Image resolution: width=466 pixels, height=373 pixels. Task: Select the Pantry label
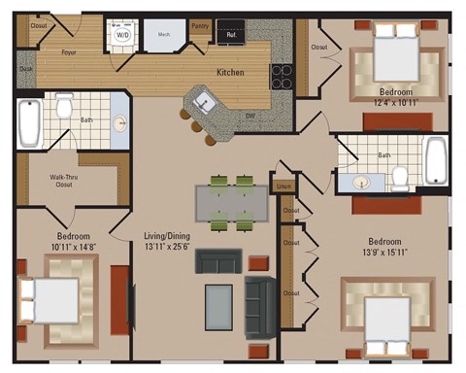click(x=200, y=26)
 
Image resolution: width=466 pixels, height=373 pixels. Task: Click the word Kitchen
click(x=230, y=73)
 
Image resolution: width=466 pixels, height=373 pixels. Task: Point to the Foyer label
click(x=70, y=51)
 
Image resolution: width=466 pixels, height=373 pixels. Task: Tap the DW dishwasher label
click(x=250, y=116)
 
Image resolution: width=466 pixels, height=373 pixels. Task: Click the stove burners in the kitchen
click(x=282, y=77)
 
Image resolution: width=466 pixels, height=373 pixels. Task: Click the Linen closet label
click(x=283, y=186)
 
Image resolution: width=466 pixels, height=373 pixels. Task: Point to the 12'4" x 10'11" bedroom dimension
click(x=397, y=102)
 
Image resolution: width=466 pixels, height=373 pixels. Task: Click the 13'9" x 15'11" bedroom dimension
click(x=392, y=253)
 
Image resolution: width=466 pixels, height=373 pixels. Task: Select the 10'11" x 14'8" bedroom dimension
click(x=73, y=248)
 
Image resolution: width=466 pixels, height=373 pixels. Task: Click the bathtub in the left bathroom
click(x=29, y=120)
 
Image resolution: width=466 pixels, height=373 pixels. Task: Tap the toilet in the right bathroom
click(x=400, y=176)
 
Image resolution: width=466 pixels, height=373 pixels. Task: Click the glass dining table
click(x=231, y=203)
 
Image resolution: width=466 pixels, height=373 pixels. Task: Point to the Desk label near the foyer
click(x=25, y=69)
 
